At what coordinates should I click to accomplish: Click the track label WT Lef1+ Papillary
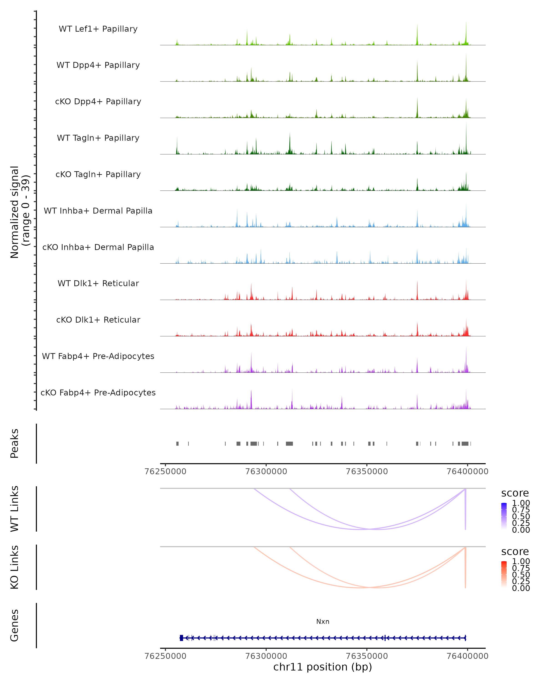coord(98,29)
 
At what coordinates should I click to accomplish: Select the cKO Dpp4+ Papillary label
coord(98,102)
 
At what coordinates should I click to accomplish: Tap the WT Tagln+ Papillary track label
coord(98,138)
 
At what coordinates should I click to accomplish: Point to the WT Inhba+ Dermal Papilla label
coord(98,211)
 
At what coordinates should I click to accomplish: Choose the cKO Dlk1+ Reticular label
coord(98,320)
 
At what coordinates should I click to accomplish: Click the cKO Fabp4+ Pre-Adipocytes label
coord(98,393)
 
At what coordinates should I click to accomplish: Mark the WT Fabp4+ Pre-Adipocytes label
coord(98,356)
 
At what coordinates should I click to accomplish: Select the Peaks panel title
coord(15,443)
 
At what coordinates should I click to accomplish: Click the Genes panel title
coord(15,625)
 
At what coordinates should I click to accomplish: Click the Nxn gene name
coord(323,622)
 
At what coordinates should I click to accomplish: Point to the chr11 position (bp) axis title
coord(323,667)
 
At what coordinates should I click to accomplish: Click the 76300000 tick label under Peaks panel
coord(266,471)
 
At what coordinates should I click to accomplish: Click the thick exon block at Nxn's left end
coord(181,638)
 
